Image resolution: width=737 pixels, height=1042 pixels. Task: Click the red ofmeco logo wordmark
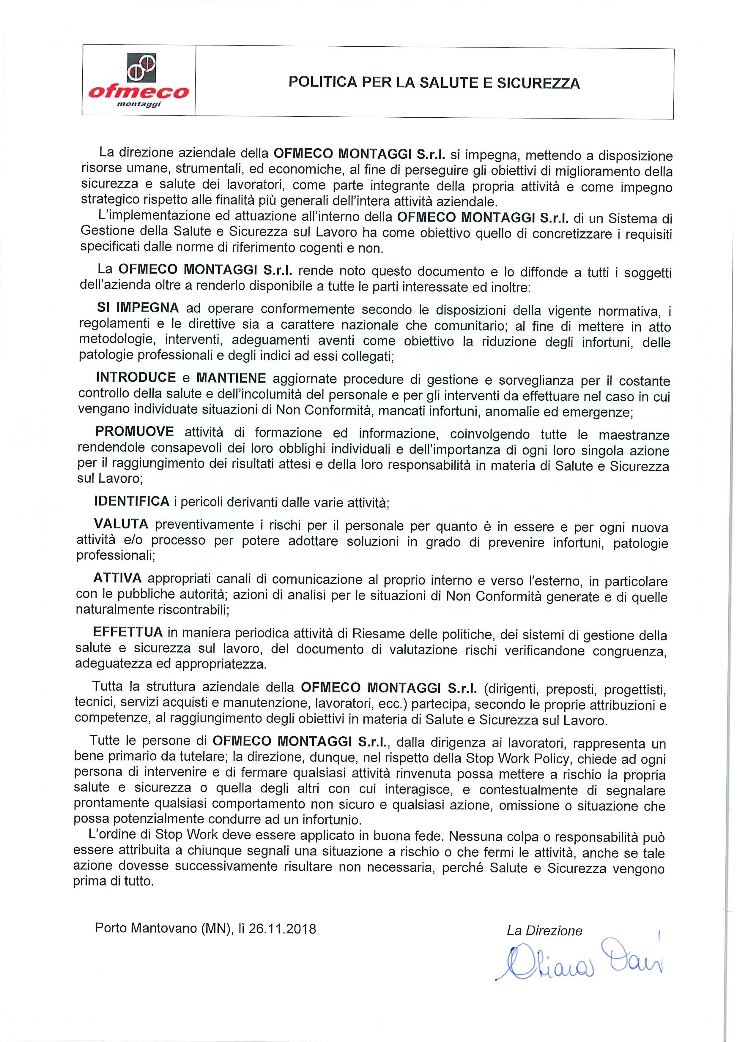pos(139,92)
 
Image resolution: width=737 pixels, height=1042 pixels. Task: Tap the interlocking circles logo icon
pos(141,67)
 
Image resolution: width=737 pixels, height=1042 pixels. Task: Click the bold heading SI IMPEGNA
pos(138,308)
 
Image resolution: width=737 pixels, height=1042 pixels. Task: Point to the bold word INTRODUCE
pos(136,378)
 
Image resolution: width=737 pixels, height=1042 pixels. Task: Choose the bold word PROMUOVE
pos(134,432)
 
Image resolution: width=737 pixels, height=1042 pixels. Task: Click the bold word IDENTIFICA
pos(132,501)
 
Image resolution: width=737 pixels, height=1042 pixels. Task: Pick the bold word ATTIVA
pos(117,578)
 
